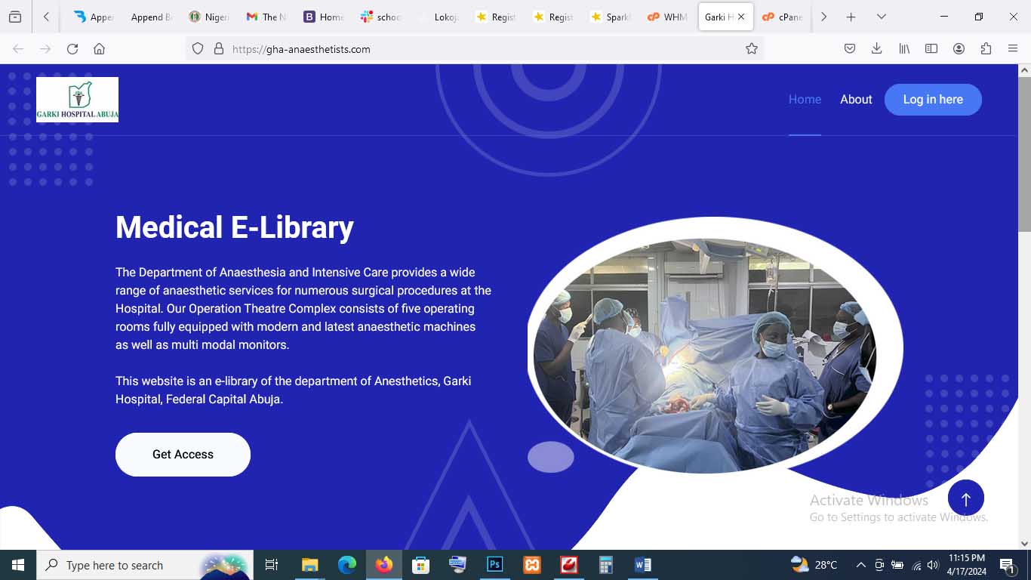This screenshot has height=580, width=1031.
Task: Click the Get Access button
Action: pyautogui.click(x=183, y=454)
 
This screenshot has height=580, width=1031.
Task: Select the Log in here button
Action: pyautogui.click(x=933, y=100)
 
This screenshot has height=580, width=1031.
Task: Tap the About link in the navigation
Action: pyautogui.click(x=856, y=100)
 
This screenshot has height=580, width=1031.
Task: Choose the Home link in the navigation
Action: pyautogui.click(x=805, y=100)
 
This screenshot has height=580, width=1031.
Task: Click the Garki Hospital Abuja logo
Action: pyautogui.click(x=77, y=100)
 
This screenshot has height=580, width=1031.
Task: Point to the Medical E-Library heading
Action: pyautogui.click(x=234, y=227)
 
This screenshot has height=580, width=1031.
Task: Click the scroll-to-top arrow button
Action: pyautogui.click(x=965, y=498)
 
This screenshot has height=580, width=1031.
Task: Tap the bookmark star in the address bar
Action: pyautogui.click(x=751, y=49)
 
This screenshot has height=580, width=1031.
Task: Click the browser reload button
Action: pyautogui.click(x=72, y=49)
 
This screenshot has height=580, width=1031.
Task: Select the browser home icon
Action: pyautogui.click(x=99, y=49)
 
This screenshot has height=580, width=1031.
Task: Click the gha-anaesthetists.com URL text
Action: pyautogui.click(x=301, y=49)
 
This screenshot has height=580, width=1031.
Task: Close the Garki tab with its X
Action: pyautogui.click(x=741, y=17)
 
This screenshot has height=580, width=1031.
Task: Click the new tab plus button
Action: pyautogui.click(x=851, y=17)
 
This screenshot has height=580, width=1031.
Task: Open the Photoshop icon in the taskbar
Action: pyautogui.click(x=495, y=565)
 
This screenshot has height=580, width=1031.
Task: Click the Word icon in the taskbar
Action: pyautogui.click(x=642, y=565)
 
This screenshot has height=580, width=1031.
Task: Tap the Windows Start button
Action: pyautogui.click(x=18, y=565)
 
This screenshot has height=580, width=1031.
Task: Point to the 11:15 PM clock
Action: pyautogui.click(x=967, y=558)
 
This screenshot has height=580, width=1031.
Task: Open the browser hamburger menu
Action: pyautogui.click(x=1013, y=49)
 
